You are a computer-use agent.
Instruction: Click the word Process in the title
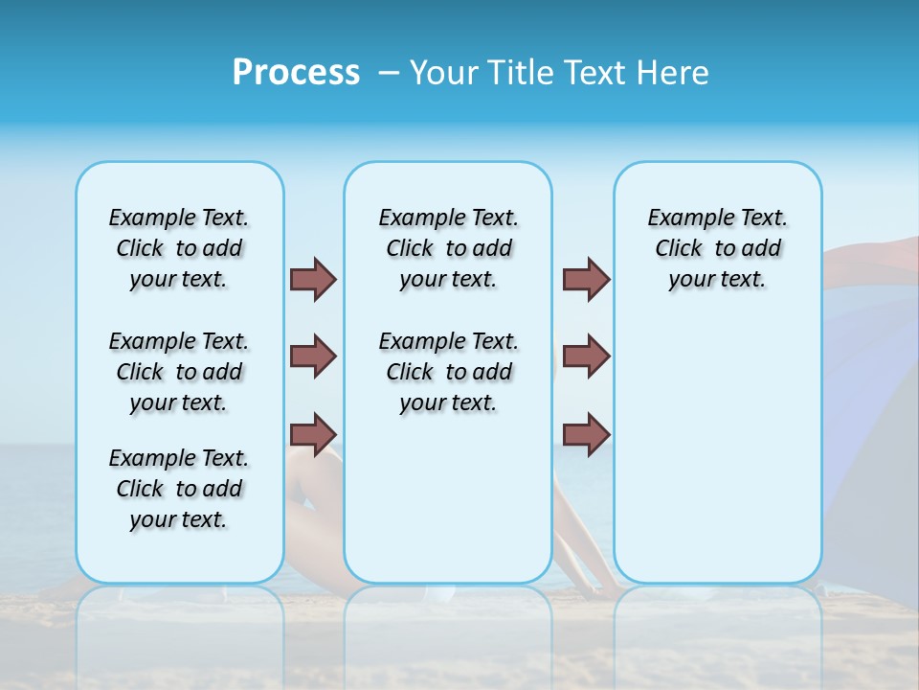pos(296,73)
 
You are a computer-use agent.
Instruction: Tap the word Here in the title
pos(673,73)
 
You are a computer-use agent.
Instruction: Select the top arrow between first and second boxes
pos(313,279)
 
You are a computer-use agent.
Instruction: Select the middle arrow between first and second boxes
pos(313,356)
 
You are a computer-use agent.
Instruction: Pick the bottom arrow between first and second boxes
pos(313,434)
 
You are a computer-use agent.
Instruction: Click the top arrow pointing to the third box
pos(586,279)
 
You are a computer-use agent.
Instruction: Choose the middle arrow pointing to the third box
pos(586,356)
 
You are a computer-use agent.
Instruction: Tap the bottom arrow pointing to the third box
pos(586,434)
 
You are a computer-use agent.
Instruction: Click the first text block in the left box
pos(179,248)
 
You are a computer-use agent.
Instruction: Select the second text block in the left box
pos(179,372)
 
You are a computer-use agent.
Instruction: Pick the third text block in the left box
pos(179,489)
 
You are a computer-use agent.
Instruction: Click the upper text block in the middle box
pos(448,248)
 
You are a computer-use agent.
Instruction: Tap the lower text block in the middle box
pos(448,372)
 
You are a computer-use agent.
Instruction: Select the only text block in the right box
pos(717,248)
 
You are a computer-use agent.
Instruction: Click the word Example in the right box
pos(684,218)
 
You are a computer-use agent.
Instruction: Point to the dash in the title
pos(389,73)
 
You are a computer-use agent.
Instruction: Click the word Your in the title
pos(444,73)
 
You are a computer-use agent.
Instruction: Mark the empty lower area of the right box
pos(717,450)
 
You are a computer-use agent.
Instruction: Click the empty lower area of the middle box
pos(448,498)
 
